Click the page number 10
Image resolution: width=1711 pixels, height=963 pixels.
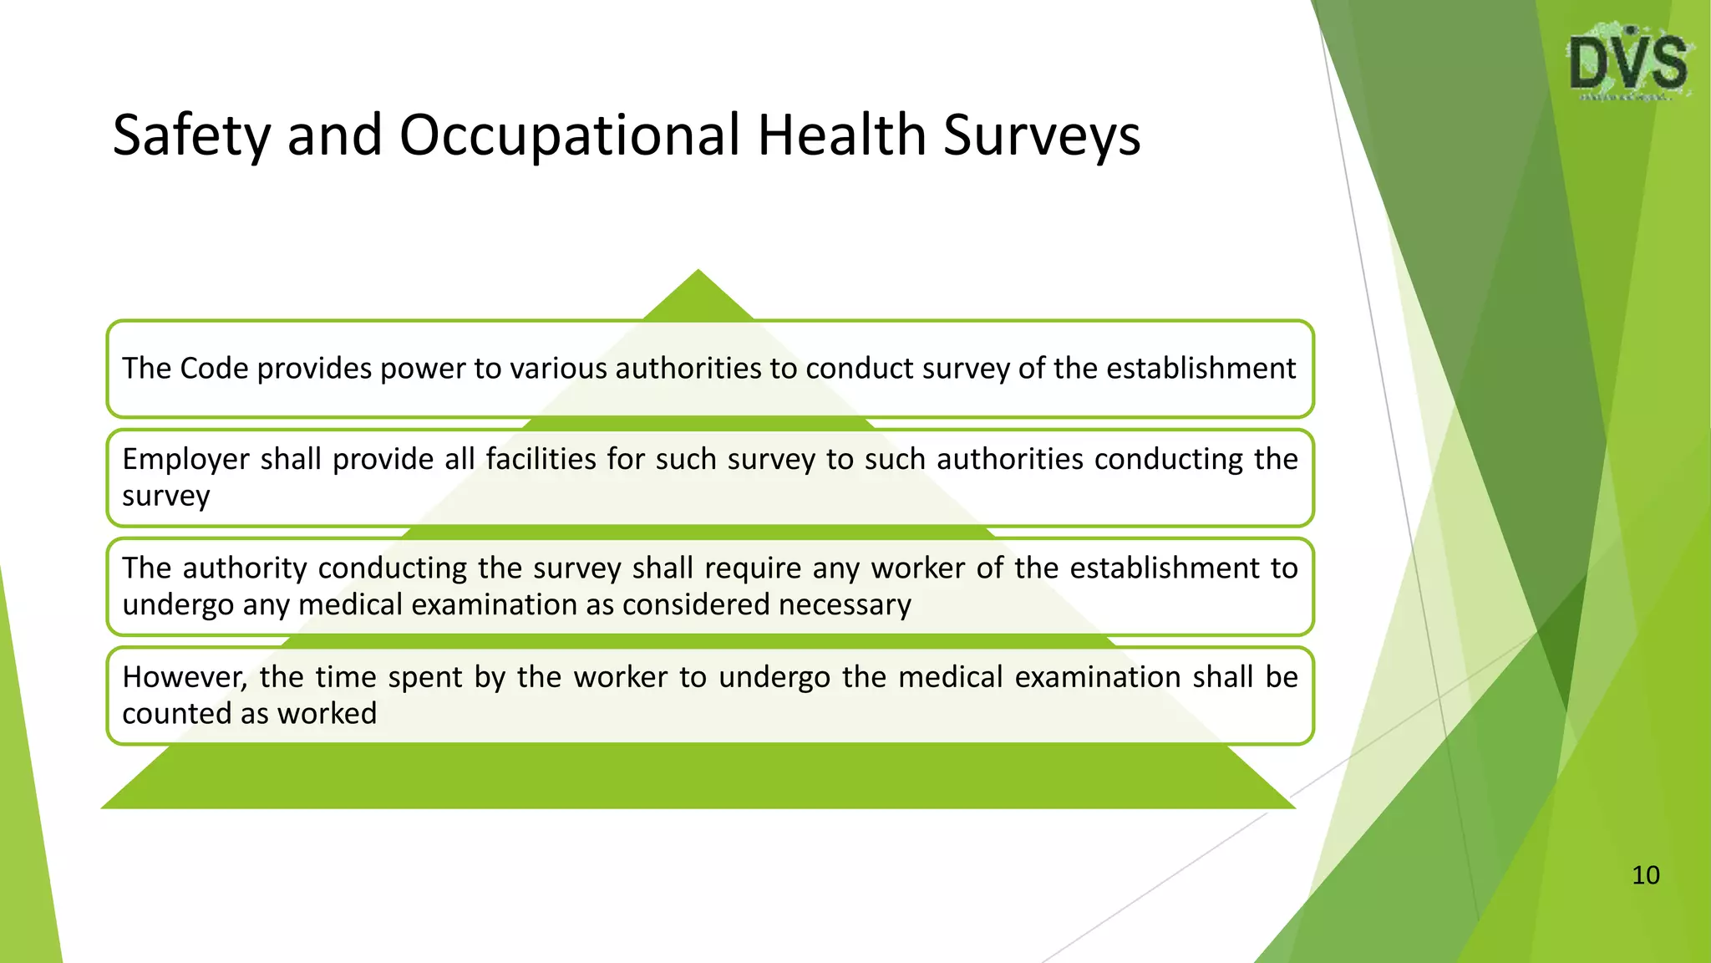tap(1645, 875)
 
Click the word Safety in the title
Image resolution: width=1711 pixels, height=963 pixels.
tap(191, 135)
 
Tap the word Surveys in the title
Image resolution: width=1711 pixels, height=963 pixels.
tap(1041, 135)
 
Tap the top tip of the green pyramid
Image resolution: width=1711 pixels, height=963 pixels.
tap(698, 272)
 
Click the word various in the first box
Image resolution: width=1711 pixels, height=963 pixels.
tap(559, 369)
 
